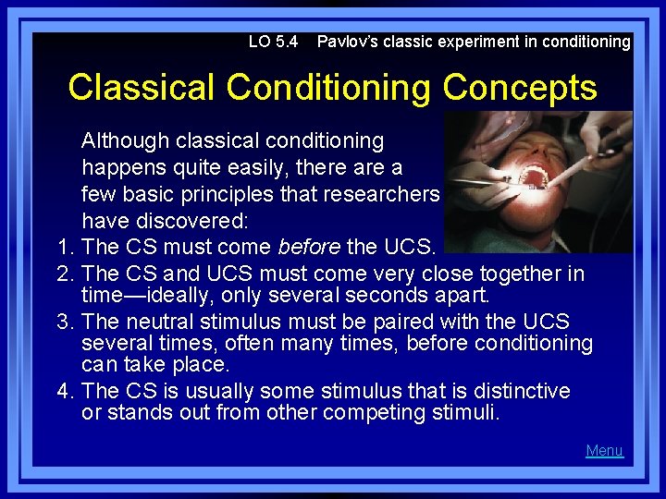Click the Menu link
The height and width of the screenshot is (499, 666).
(604, 451)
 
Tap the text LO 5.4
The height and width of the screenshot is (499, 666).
(273, 42)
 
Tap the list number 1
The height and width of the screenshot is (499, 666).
(64, 248)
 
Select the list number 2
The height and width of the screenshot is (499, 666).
(64, 274)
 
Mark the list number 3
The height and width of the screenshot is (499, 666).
(64, 322)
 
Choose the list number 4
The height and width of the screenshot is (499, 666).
(64, 391)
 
